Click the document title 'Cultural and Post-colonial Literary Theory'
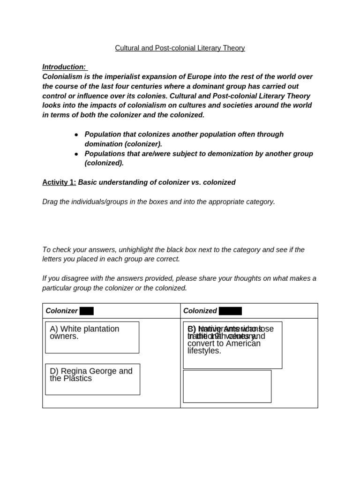[180, 48]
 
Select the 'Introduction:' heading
[64, 67]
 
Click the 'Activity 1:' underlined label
[59, 182]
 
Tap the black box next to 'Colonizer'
[87, 311]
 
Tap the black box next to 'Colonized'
[230, 311]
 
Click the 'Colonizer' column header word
[61, 311]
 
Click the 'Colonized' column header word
[200, 311]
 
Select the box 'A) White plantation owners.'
[92, 337]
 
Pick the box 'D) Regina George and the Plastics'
[92, 379]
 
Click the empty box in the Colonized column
[227, 386]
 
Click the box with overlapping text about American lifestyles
[232, 345]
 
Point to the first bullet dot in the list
[76, 135]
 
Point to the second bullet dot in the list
[76, 154]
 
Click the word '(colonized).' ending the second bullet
[104, 163]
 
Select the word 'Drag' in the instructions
[50, 202]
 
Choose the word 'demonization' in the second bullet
[230, 154]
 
